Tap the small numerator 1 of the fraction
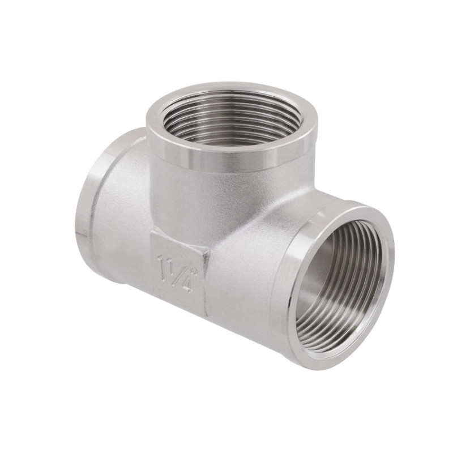pos(170,266)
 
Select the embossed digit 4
pos(187,283)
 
